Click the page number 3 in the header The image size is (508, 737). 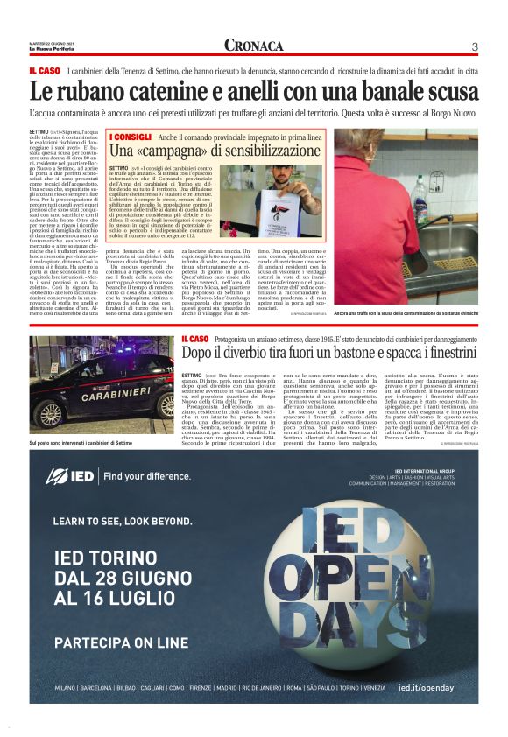click(x=474, y=46)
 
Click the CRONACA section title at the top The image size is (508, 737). click(x=253, y=46)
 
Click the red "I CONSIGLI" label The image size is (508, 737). click(x=131, y=137)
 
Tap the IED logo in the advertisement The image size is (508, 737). click(x=68, y=475)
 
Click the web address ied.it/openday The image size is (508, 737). click(x=425, y=687)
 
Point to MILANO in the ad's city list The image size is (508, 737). click(x=66, y=688)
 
